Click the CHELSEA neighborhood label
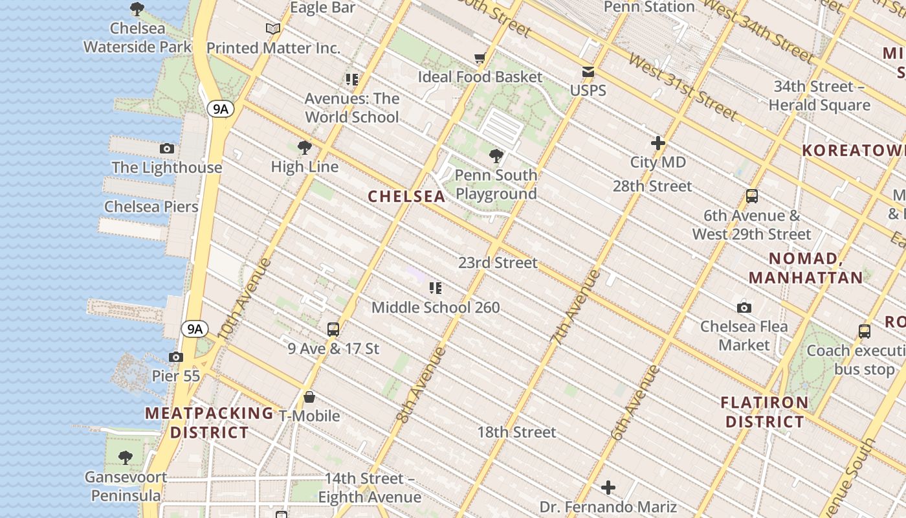point(406,196)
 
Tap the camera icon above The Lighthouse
point(167,149)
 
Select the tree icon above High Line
point(304,148)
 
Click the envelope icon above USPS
point(588,72)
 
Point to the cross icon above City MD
point(658,143)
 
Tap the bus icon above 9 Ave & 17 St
point(333,330)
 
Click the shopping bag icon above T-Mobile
point(309,397)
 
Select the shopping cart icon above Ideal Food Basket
point(480,59)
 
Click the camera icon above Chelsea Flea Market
point(744,308)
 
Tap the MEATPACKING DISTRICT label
point(209,423)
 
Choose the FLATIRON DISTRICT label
point(764,412)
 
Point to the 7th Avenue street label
point(576,306)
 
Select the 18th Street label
point(516,432)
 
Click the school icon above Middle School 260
point(435,287)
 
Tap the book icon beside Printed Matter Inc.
point(273,29)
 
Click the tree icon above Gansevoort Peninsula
point(126,458)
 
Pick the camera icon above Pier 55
point(175,357)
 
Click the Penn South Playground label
point(496,185)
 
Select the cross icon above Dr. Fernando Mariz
point(608,488)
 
